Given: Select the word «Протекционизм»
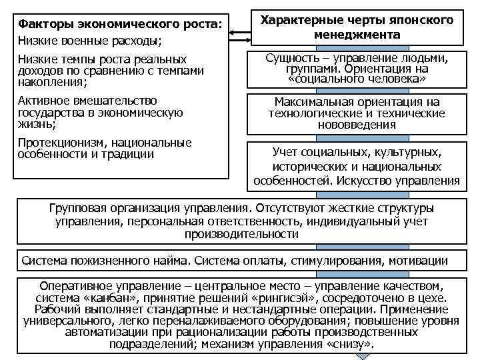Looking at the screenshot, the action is click(57, 143).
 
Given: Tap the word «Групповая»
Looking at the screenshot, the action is click(81, 207).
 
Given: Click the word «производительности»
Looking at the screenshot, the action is click(241, 234).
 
